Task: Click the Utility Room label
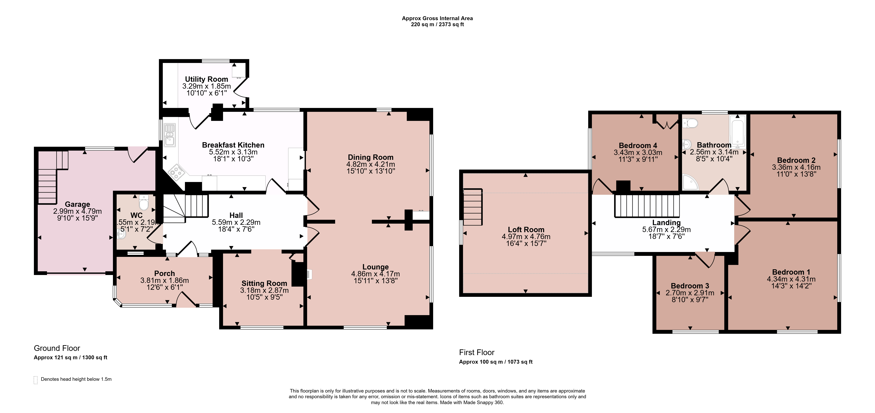(x=207, y=79)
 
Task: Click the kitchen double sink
(x=170, y=135)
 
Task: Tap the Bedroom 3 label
(x=690, y=286)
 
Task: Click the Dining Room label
(x=371, y=157)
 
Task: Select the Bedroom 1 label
(x=791, y=272)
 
